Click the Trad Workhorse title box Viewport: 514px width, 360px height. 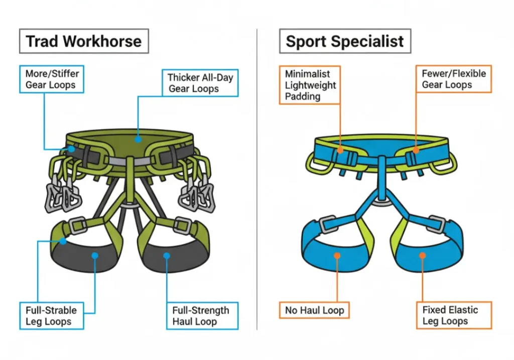coord(84,41)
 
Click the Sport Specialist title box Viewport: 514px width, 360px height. coord(345,41)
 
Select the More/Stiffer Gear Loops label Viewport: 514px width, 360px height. coord(52,79)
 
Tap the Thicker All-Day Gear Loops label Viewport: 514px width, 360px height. coord(200,83)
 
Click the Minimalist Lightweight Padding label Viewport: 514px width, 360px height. coord(310,85)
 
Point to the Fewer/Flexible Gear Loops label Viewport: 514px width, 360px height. coord(454,79)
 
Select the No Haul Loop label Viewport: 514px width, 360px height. coord(314,310)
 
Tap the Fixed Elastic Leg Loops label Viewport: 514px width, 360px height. coord(454,316)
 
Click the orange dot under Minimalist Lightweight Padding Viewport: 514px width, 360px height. coord(340,149)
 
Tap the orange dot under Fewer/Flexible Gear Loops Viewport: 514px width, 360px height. coord(416,149)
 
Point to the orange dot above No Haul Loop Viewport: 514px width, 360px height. coord(337,256)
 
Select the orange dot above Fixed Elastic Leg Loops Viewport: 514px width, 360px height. coord(423,256)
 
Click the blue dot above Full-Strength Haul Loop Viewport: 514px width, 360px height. coord(167,256)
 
